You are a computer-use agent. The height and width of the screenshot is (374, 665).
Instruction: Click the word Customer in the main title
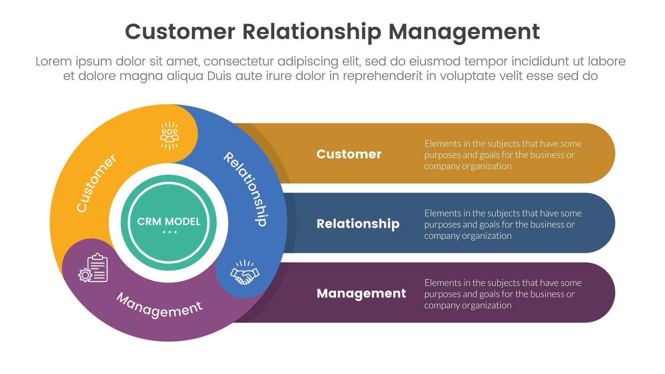click(x=180, y=32)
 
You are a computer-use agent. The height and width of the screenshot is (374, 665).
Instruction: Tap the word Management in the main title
click(x=464, y=32)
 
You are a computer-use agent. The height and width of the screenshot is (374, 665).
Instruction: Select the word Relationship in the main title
click(x=312, y=32)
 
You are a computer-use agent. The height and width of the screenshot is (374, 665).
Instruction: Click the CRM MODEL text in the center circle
click(x=169, y=221)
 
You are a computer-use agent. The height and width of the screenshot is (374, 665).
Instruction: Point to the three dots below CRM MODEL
click(x=169, y=232)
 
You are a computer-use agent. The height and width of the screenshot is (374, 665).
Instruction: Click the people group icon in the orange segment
click(x=169, y=136)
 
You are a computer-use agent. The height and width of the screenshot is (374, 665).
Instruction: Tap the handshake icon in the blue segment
click(x=245, y=272)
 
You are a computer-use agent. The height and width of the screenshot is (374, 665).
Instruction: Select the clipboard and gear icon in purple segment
click(x=94, y=268)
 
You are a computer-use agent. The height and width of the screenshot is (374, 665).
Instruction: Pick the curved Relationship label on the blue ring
click(x=245, y=189)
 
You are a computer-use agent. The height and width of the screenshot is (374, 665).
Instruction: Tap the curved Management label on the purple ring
click(x=159, y=305)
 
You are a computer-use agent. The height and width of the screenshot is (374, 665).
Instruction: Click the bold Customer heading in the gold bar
click(x=349, y=154)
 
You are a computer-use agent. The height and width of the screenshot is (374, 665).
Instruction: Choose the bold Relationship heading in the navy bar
click(x=358, y=224)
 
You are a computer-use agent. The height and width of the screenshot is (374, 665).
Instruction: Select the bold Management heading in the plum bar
click(x=361, y=293)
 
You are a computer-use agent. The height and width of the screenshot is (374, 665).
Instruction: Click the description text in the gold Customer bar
click(x=502, y=155)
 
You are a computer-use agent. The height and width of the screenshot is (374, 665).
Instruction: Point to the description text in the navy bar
click(x=502, y=224)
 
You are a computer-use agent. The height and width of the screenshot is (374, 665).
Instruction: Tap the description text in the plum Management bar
click(x=502, y=294)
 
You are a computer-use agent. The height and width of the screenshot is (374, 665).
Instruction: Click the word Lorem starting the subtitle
click(x=53, y=61)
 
